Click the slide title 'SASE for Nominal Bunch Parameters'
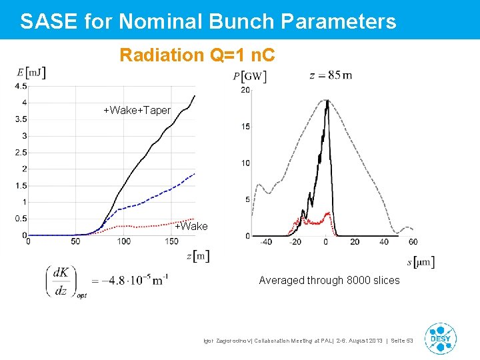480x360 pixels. (208, 21)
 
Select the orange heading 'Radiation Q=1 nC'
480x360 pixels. (197, 55)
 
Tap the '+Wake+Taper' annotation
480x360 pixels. (137, 110)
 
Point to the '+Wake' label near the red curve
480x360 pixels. (191, 227)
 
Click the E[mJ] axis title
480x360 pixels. (31, 73)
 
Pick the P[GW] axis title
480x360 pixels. (249, 77)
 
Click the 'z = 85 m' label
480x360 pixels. (331, 75)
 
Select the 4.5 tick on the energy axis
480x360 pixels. (21, 87)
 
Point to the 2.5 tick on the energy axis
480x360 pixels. (21, 153)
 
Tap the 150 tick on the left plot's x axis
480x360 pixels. (172, 241)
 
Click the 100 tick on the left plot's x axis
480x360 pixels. (123, 241)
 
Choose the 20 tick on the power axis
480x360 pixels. (245, 90)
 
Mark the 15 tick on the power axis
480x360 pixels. (245, 127)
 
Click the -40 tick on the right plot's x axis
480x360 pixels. (265, 242)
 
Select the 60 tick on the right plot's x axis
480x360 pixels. (413, 242)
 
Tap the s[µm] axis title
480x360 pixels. (421, 262)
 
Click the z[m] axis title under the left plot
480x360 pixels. (198, 255)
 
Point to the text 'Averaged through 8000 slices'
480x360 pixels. (329, 281)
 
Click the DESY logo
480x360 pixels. (440, 339)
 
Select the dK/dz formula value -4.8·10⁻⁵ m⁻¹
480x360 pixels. (130, 281)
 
